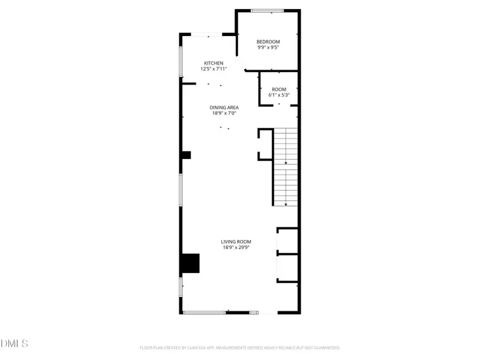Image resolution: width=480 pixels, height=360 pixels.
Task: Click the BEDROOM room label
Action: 268,41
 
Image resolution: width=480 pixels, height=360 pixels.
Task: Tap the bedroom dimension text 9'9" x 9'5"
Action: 268,47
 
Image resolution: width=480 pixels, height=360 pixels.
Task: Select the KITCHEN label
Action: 214,63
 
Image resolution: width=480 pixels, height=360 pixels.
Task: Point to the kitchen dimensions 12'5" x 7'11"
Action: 214,69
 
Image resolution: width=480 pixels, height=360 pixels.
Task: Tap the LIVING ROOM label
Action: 236,241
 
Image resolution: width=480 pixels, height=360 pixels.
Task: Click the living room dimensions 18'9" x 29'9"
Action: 236,247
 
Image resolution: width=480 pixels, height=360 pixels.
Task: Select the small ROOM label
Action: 279,89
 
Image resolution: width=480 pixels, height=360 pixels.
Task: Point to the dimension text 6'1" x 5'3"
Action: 279,95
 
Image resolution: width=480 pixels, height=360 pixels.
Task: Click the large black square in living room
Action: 190,263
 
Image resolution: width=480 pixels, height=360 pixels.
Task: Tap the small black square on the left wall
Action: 186,155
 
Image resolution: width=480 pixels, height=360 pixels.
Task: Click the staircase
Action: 286,166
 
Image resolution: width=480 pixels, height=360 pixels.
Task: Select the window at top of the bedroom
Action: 268,10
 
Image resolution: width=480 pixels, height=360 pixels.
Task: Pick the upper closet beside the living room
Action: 287,241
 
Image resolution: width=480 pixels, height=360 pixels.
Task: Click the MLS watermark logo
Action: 14,343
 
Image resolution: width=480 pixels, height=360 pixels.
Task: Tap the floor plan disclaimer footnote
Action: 240,347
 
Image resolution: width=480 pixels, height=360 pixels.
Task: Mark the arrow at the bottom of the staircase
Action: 286,204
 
